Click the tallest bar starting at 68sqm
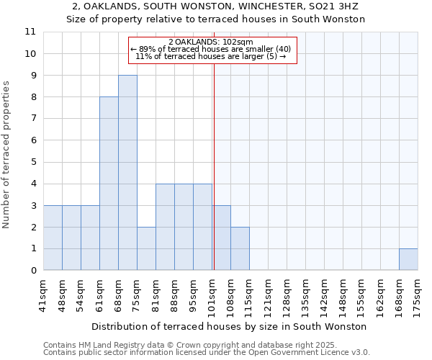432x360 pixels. click(x=127, y=173)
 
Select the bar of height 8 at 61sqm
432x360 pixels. click(x=109, y=184)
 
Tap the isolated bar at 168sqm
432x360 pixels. click(x=408, y=259)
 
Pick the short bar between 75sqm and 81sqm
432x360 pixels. click(x=146, y=248)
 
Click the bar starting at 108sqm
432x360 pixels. click(x=240, y=248)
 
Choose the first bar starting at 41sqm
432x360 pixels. click(x=53, y=238)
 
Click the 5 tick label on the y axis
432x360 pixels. click(x=32, y=162)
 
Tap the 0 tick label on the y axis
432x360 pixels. click(x=32, y=271)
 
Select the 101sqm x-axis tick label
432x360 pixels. click(x=212, y=294)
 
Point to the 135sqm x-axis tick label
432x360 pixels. click(x=305, y=294)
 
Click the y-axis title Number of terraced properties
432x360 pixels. click(x=6, y=155)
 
